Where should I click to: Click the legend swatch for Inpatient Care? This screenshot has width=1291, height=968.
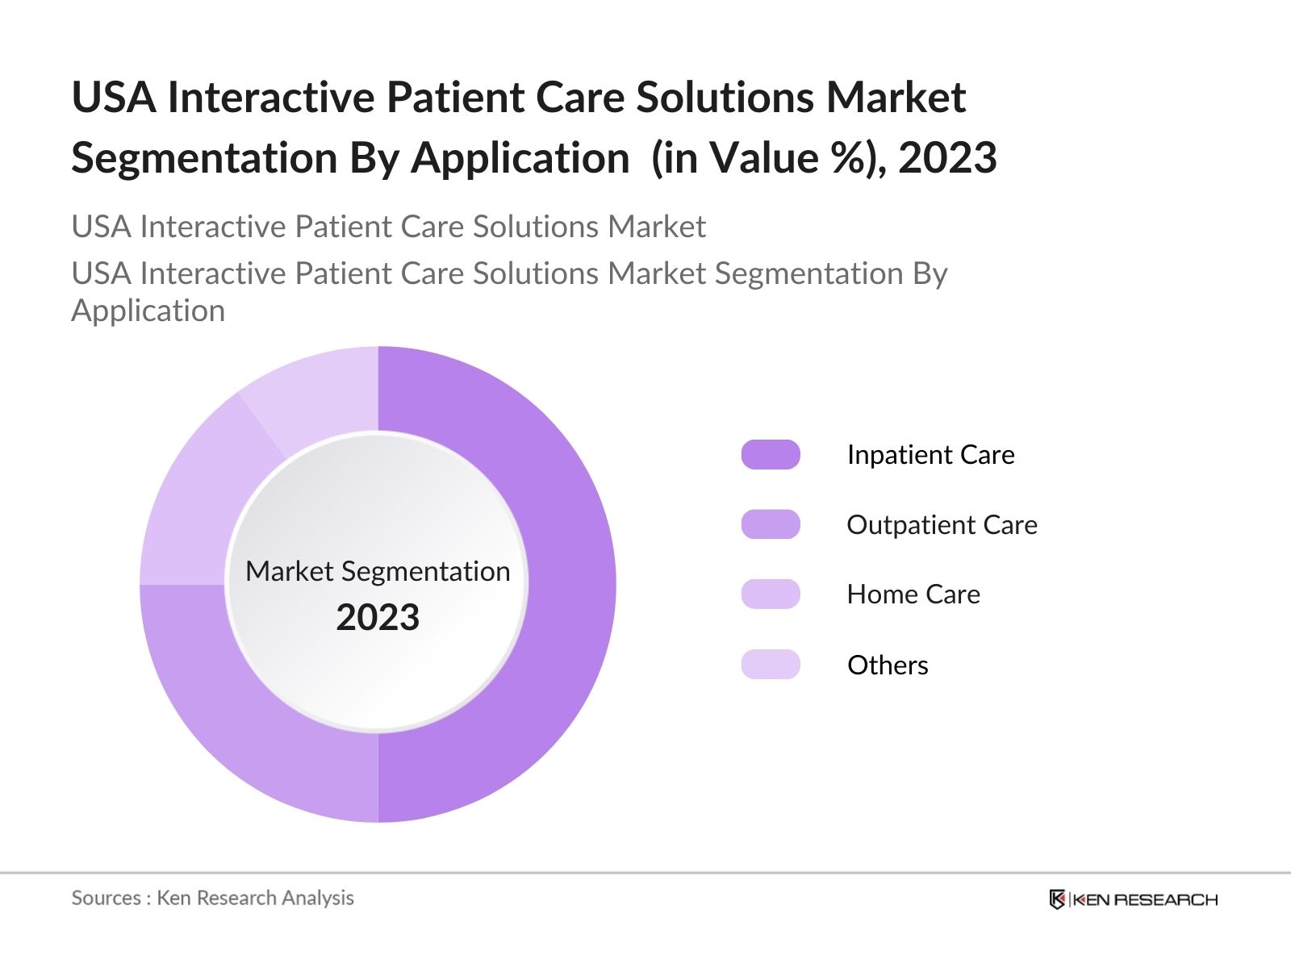tap(771, 455)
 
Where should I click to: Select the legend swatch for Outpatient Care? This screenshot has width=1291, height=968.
tap(771, 524)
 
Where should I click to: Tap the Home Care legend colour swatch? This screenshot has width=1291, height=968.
tap(771, 595)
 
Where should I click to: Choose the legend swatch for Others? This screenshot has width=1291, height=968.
tap(771, 665)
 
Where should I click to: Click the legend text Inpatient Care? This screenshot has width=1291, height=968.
tap(930, 455)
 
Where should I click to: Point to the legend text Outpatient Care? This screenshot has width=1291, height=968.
tap(942, 524)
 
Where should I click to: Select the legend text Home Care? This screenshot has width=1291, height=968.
tap(913, 595)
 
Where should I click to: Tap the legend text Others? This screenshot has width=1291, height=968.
tap(888, 665)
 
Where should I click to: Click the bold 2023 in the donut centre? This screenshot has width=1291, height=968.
tap(378, 618)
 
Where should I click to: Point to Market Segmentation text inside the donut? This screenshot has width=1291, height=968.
tap(378, 571)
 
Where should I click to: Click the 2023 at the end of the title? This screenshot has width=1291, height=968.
tap(947, 158)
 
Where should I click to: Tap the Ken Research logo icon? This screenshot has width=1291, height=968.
tap(1056, 899)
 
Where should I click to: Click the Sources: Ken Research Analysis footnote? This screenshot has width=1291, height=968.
tap(212, 898)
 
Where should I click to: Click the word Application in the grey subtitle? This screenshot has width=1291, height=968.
tap(148, 311)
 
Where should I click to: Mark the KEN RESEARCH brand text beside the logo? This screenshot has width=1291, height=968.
tap(1145, 899)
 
